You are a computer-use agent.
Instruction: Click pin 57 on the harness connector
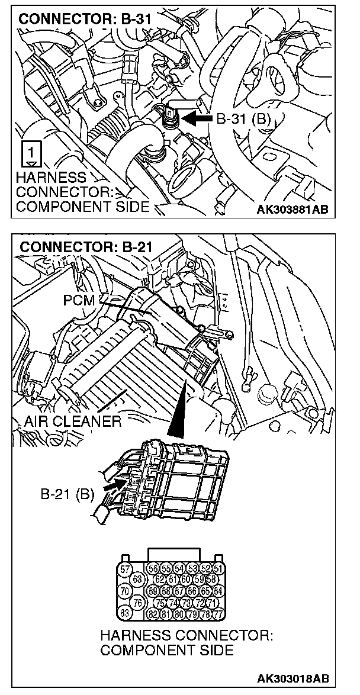point(125,569)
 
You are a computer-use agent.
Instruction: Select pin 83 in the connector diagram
point(125,613)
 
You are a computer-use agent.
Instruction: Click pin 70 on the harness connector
point(125,590)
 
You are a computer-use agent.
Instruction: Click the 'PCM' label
point(78,300)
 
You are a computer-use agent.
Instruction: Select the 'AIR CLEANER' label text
point(73,422)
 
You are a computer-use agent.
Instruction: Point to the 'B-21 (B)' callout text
point(67,493)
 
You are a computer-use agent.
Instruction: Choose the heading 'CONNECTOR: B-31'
point(85,19)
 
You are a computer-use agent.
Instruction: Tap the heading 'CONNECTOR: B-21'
point(85,246)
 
